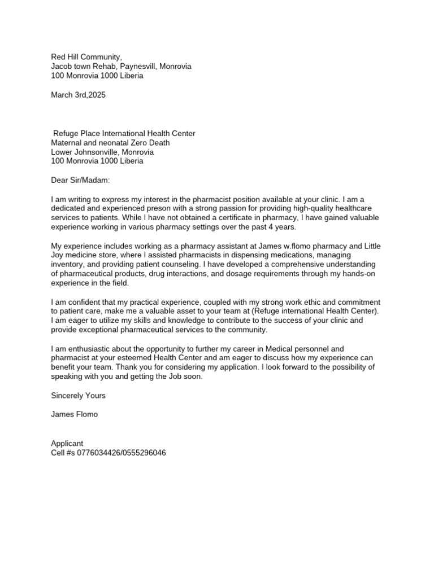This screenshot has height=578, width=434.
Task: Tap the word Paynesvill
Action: (x=137, y=66)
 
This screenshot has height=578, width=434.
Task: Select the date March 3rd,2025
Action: (x=78, y=95)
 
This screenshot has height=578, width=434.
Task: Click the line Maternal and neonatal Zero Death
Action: (x=110, y=143)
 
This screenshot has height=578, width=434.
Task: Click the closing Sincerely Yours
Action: (x=78, y=396)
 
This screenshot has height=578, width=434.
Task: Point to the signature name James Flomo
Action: (x=74, y=414)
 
